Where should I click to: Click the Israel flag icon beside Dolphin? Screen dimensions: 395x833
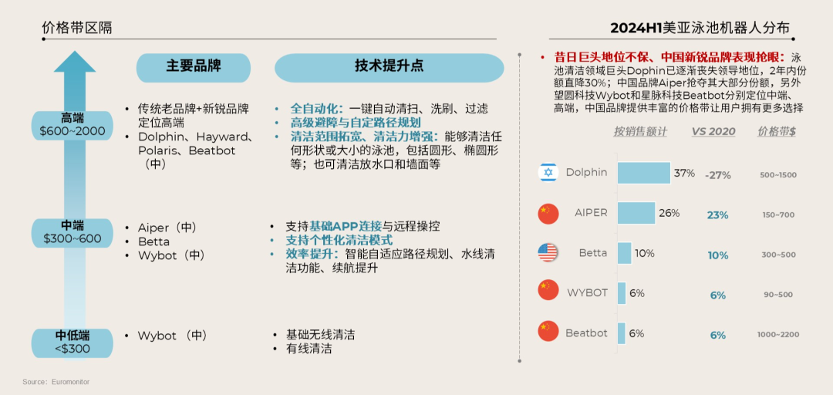click(548, 173)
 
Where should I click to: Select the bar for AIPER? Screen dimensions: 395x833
click(636, 213)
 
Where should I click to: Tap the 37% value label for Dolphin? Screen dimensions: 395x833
click(684, 173)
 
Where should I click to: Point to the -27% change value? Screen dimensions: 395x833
click(717, 175)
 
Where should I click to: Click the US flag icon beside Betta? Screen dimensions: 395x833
click(548, 253)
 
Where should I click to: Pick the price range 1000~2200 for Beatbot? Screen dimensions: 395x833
click(777, 335)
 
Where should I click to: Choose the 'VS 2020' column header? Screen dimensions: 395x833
click(713, 132)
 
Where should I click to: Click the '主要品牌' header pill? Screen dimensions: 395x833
click(194, 67)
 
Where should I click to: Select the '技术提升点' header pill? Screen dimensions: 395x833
click(389, 67)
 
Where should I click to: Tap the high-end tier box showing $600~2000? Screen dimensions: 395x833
click(73, 125)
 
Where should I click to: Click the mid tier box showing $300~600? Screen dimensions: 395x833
click(73, 231)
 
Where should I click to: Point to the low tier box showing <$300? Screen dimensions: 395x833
click(73, 342)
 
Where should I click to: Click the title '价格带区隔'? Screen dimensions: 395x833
click(77, 28)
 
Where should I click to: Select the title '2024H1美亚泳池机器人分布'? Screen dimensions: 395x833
click(700, 28)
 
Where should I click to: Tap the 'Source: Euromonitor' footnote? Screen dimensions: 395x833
click(56, 382)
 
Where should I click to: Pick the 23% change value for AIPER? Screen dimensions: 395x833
click(717, 215)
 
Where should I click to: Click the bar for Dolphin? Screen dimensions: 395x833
click(643, 173)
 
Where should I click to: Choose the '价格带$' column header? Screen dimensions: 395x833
click(777, 132)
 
